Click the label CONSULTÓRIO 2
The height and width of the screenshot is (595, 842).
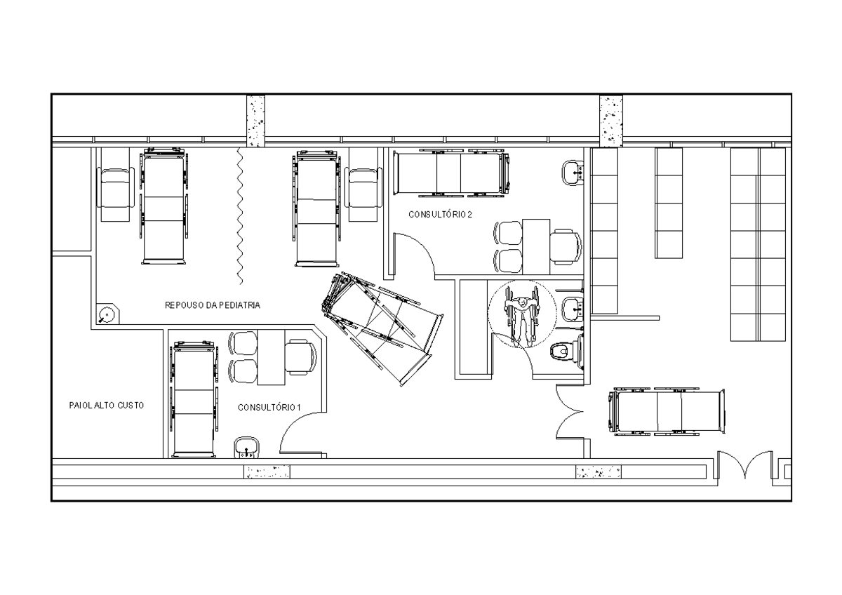pyautogui.click(x=440, y=215)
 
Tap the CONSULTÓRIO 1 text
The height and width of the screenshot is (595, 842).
pyautogui.click(x=269, y=408)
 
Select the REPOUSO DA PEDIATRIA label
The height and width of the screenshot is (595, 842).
pyautogui.click(x=213, y=305)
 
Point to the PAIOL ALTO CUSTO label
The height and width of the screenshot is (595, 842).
pyautogui.click(x=107, y=406)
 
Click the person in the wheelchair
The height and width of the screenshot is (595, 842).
pyautogui.click(x=522, y=316)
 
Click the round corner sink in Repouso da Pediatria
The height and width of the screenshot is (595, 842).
pyautogui.click(x=107, y=315)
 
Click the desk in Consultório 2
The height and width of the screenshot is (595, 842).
pyautogui.click(x=536, y=246)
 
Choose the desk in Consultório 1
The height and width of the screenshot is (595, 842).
pyautogui.click(x=271, y=356)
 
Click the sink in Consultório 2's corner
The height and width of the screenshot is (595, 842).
pyautogui.click(x=573, y=171)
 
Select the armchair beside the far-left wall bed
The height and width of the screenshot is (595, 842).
pyautogui.click(x=114, y=195)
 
